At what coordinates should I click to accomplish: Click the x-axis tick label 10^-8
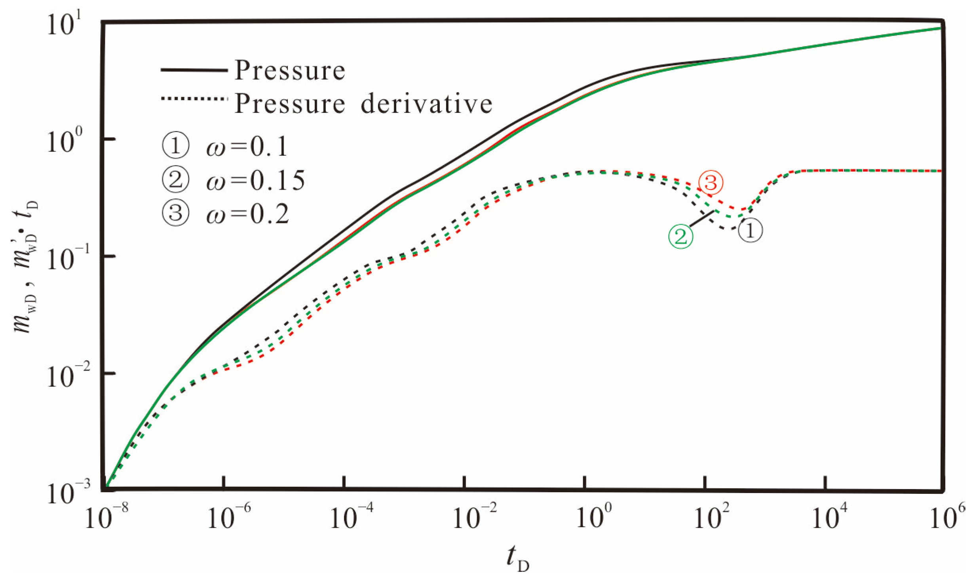pos(106,516)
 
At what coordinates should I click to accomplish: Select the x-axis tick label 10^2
pos(711,516)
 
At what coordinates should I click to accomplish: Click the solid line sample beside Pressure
pos(194,70)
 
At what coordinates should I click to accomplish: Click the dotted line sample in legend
pos(194,99)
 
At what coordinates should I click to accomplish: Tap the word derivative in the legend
pos(426,104)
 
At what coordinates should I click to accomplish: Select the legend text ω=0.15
pos(255,181)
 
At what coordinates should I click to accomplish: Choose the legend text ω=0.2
pos(247,214)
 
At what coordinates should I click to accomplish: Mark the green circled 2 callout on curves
pos(681,236)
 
